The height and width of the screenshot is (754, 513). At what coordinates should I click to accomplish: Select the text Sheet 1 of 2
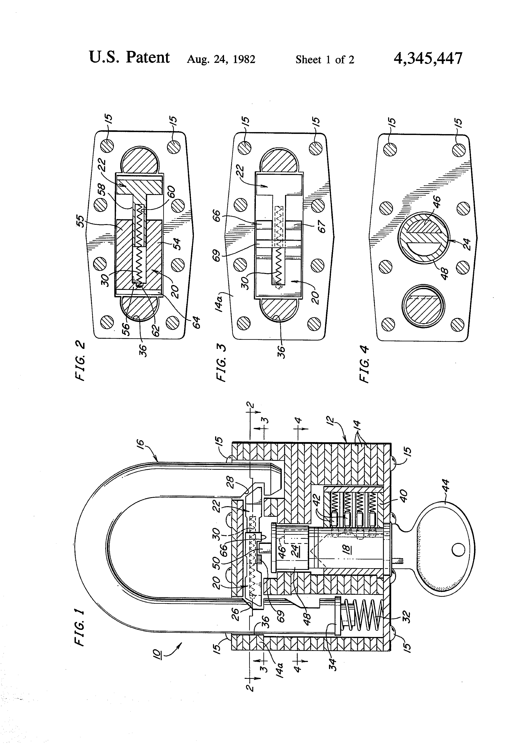325,59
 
